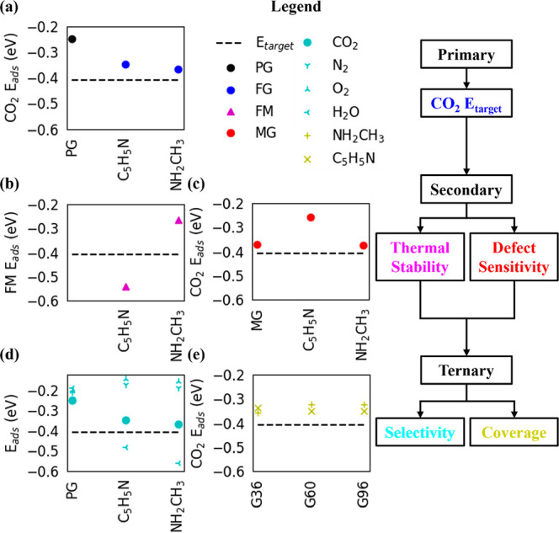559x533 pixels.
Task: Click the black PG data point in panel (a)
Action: (72, 39)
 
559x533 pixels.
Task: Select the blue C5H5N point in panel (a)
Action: (125, 64)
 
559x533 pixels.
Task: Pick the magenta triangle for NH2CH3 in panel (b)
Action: (178, 221)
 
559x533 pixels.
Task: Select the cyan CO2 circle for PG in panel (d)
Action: (72, 400)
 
